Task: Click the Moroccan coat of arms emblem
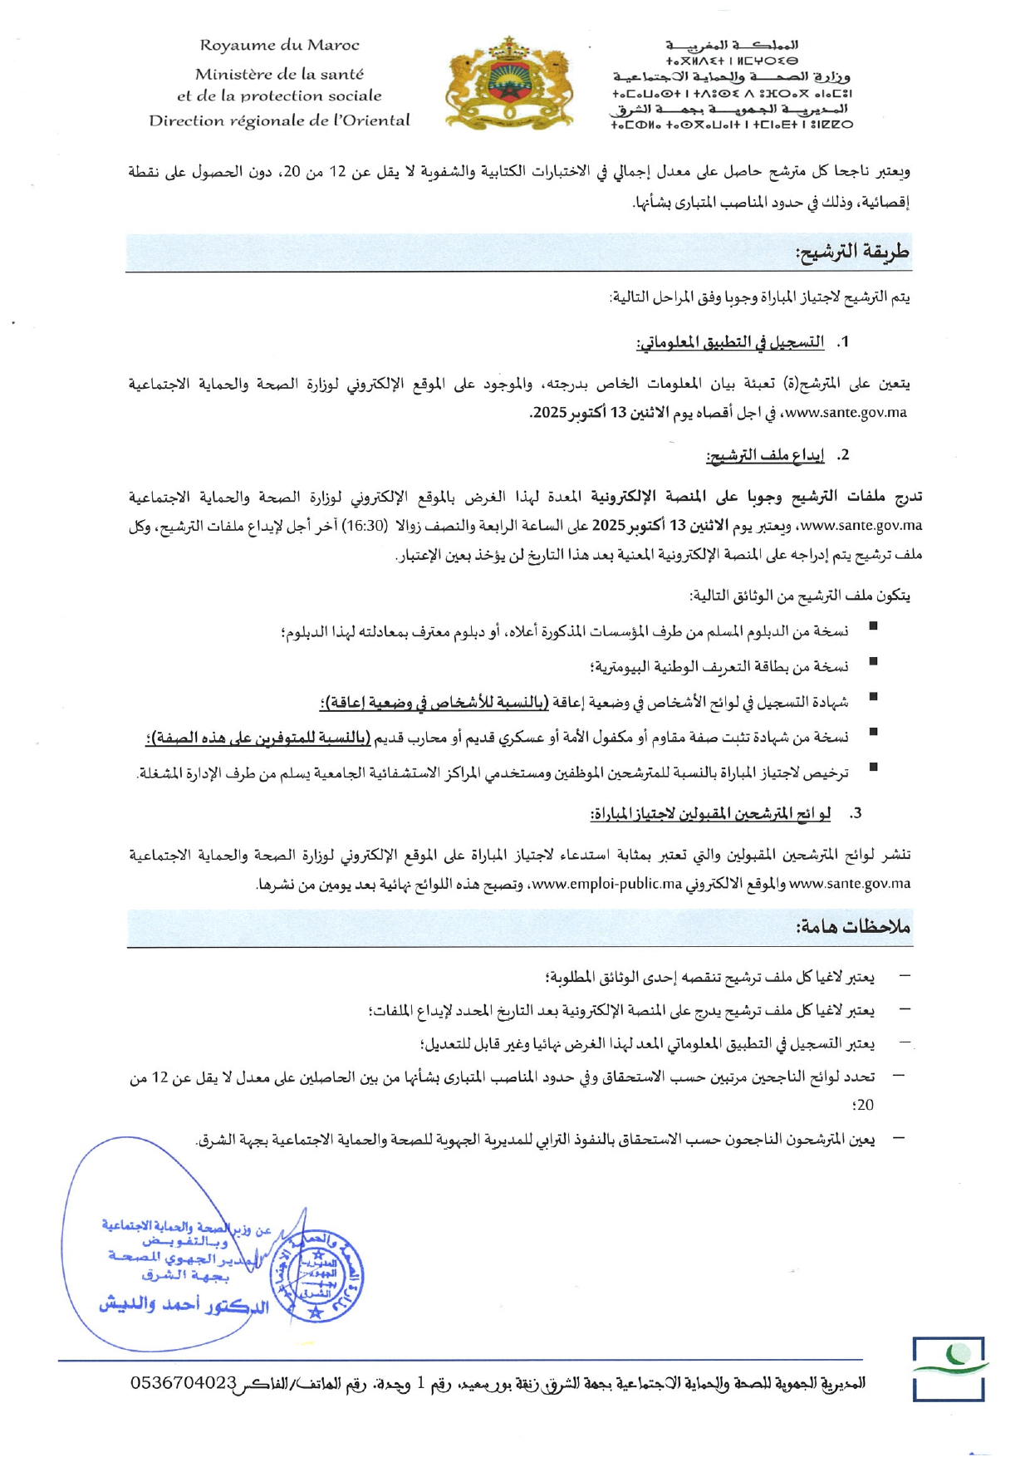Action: click(509, 83)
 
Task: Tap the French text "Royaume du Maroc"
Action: click(279, 46)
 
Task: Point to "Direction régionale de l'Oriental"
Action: click(279, 120)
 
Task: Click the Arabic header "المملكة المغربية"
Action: click(732, 45)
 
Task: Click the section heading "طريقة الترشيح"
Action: click(852, 252)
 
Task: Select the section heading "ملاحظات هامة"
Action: click(853, 927)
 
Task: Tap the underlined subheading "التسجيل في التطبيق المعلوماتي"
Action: click(730, 342)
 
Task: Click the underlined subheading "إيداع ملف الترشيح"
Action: click(765, 455)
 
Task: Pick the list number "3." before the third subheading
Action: click(856, 814)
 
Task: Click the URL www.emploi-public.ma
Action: click(606, 884)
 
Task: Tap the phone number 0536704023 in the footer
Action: click(184, 1383)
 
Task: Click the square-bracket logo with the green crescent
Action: click(949, 1368)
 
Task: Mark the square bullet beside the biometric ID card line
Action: click(873, 661)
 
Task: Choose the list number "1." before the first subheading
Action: click(843, 342)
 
